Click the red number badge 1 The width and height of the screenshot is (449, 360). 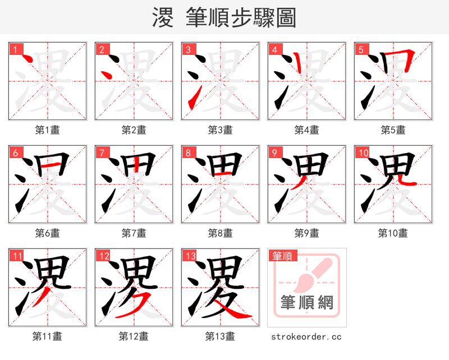(15, 49)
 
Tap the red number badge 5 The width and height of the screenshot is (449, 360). (360, 49)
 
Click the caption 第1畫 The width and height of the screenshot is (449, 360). (48, 130)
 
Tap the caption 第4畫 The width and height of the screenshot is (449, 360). (307, 130)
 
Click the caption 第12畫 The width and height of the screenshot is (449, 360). (134, 336)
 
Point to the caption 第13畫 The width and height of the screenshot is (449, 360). (221, 336)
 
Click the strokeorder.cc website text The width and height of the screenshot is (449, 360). (306, 337)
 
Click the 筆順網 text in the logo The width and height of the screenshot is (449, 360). (307, 303)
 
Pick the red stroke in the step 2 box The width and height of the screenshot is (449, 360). (106, 73)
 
